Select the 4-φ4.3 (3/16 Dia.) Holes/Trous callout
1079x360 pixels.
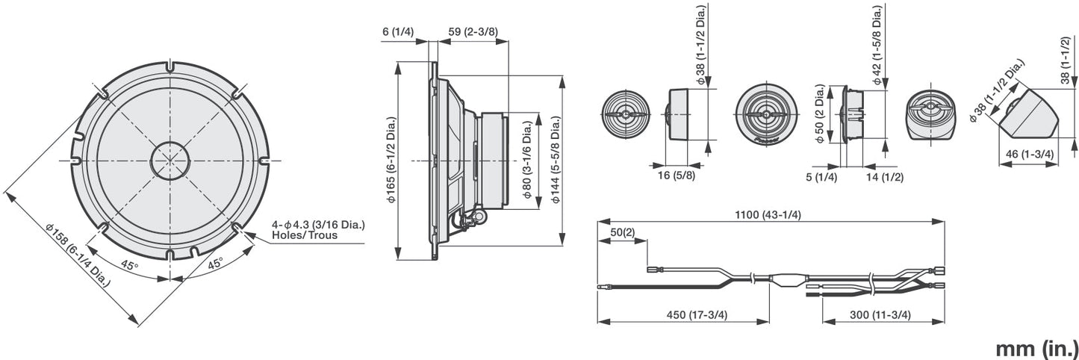click(323, 229)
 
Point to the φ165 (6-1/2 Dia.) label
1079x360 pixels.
click(391, 161)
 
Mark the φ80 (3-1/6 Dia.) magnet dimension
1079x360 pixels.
click(527, 161)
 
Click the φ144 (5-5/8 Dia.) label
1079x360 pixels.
click(555, 161)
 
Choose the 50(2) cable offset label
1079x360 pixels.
click(622, 233)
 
